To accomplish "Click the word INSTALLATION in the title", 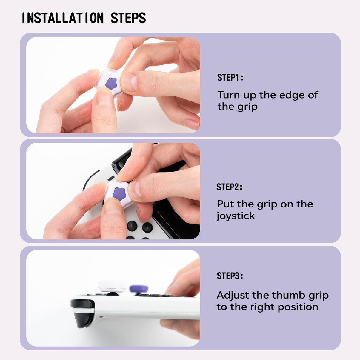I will point(63,18).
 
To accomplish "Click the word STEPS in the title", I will point(128,18).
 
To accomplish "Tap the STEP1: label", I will point(230,78).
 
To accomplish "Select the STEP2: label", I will point(229,187).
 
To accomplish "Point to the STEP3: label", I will point(230,276).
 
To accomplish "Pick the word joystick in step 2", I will point(236,216).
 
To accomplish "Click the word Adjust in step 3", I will point(233,295).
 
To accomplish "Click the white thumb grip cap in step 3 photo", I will point(112,286).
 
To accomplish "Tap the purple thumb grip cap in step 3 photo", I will point(139,289).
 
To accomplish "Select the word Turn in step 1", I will point(228,95).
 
